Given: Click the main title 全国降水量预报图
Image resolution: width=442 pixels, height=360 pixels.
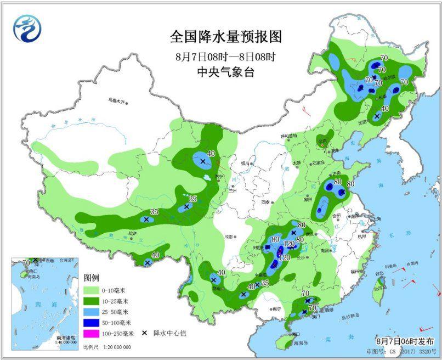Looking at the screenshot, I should (225, 37).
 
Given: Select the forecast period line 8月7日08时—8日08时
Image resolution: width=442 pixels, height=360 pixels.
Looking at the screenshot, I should (225, 57).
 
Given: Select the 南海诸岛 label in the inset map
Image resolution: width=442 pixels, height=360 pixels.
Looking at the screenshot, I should (66, 339).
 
